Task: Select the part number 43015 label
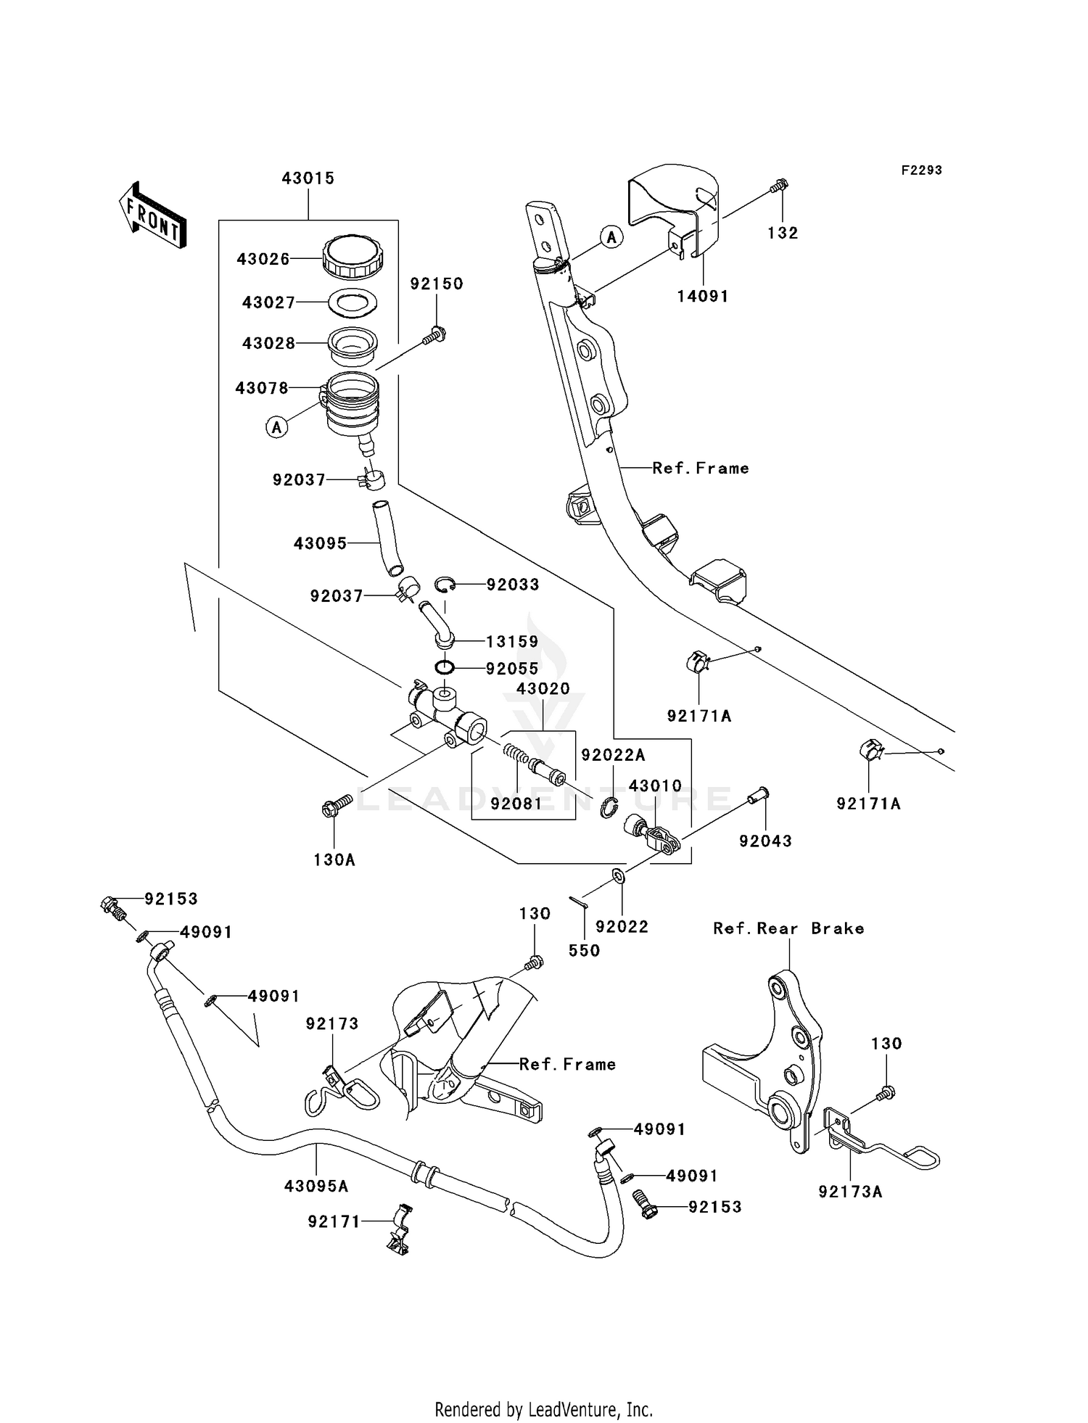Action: pyautogui.click(x=308, y=178)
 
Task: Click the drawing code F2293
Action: pyautogui.click(x=921, y=170)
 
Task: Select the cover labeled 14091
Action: pyautogui.click(x=675, y=210)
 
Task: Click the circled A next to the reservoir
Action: pyautogui.click(x=276, y=427)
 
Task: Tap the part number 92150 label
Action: pyautogui.click(x=436, y=284)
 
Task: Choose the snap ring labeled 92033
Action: pyautogui.click(x=445, y=584)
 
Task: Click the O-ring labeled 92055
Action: pyautogui.click(x=445, y=667)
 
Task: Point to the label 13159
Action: pyautogui.click(x=512, y=642)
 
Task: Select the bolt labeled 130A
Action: pyautogui.click(x=335, y=806)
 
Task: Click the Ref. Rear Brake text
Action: pyautogui.click(x=788, y=929)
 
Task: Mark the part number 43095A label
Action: pyautogui.click(x=316, y=1187)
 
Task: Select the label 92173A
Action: pyautogui.click(x=850, y=1192)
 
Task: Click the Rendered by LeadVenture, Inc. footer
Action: pyautogui.click(x=543, y=1409)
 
